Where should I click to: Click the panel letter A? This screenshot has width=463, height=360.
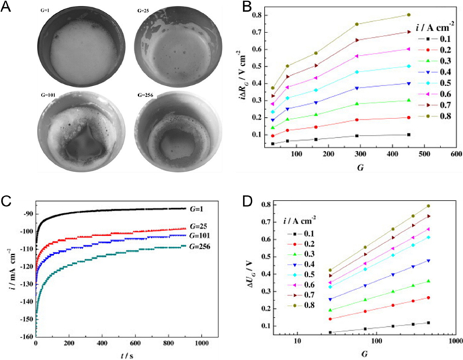pos(10,8)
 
